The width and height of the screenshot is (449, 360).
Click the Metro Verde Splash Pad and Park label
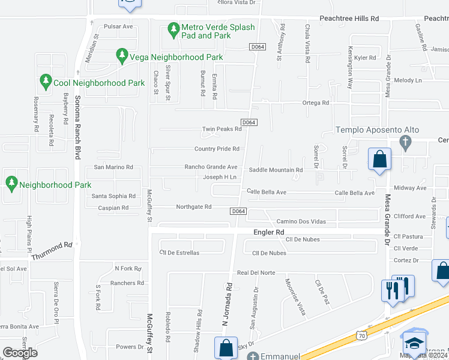click(218, 31)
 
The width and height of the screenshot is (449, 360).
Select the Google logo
click(20, 353)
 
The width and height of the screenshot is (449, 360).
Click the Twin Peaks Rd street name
click(221, 129)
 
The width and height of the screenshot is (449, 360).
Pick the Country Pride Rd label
click(217, 149)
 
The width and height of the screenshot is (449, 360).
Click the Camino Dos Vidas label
click(301, 221)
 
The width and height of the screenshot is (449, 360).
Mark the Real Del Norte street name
click(256, 272)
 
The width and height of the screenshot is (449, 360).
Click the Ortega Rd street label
click(316, 103)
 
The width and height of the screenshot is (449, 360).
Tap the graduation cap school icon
click(414, 343)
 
